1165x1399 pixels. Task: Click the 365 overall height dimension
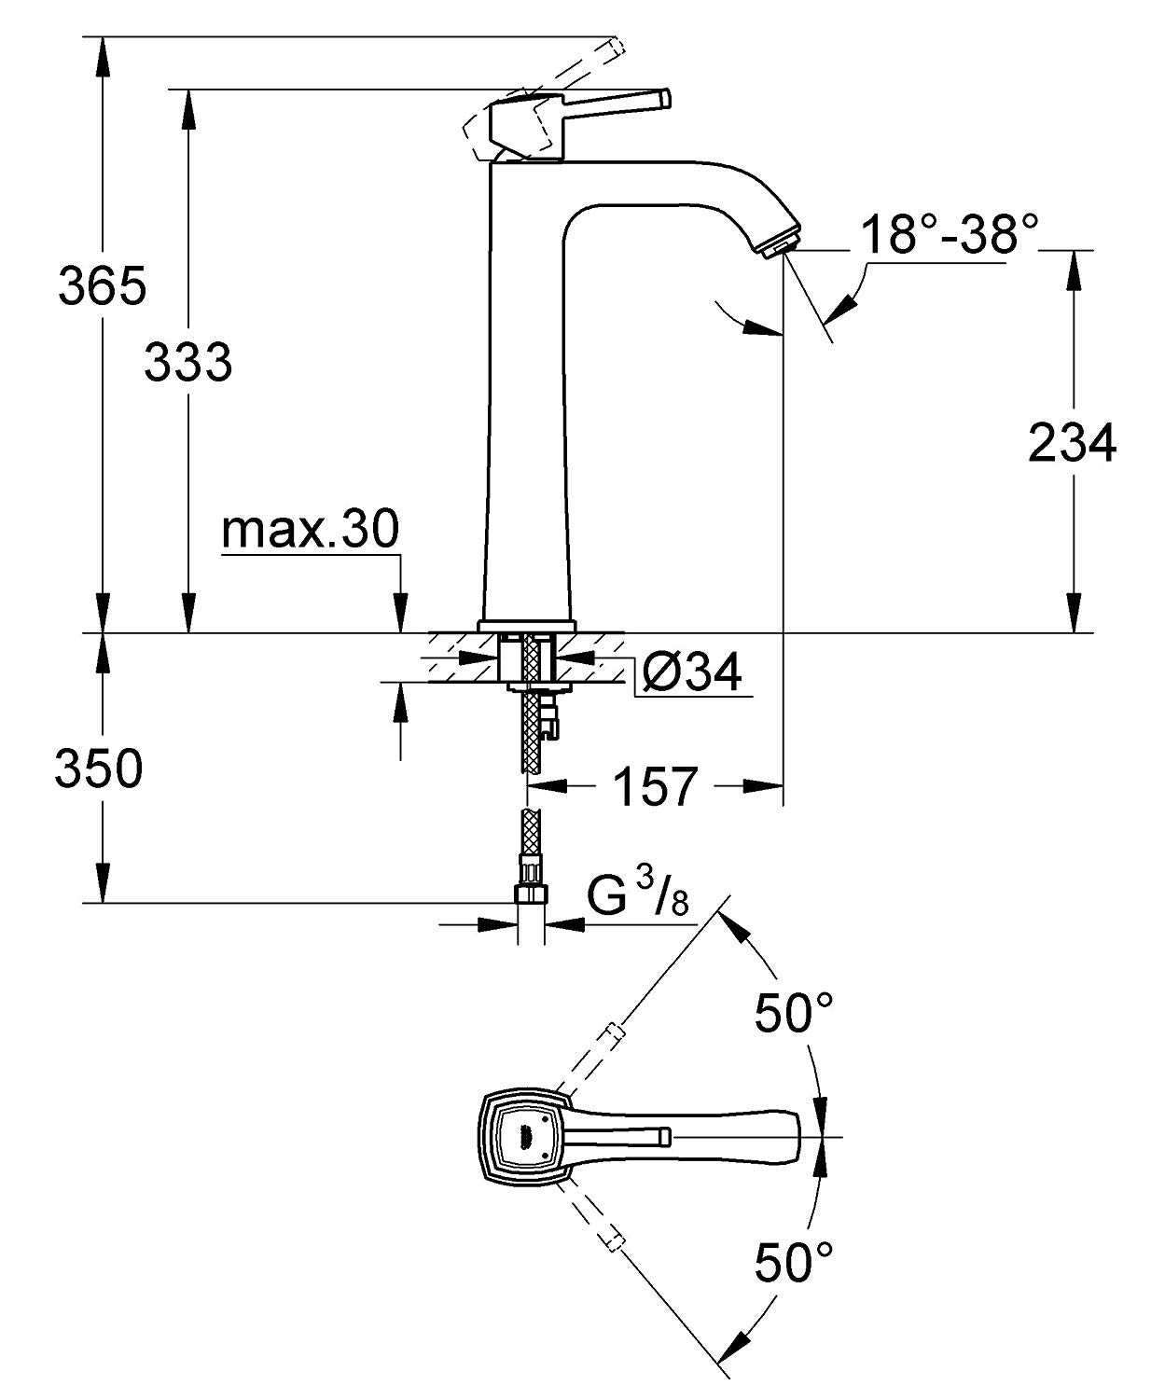pyautogui.click(x=102, y=285)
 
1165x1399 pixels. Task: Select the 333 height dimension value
pyautogui.click(x=187, y=361)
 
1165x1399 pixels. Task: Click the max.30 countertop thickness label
pyautogui.click(x=310, y=530)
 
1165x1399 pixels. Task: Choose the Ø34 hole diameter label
pyautogui.click(x=691, y=671)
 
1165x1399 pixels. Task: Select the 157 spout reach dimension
pyautogui.click(x=656, y=787)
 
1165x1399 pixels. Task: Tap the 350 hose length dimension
pyautogui.click(x=99, y=769)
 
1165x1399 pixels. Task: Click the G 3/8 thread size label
pyautogui.click(x=639, y=899)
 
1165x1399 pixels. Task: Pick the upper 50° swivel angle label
pyautogui.click(x=794, y=1014)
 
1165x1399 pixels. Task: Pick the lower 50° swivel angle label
pyautogui.click(x=794, y=1264)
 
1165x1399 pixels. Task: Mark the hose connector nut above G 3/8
pyautogui.click(x=533, y=893)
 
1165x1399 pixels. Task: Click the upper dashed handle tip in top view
pyautogui.click(x=613, y=1032)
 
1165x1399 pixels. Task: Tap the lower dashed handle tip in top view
pyautogui.click(x=613, y=1240)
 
